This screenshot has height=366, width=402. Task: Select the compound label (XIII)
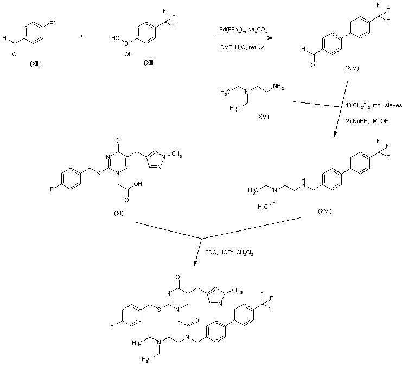click(149, 63)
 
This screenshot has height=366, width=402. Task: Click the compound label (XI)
click(119, 213)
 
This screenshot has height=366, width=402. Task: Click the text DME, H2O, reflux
click(241, 48)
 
